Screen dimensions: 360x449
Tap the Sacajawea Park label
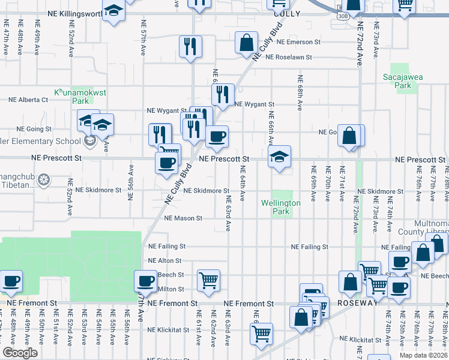click(x=398, y=81)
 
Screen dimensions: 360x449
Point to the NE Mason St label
click(x=183, y=218)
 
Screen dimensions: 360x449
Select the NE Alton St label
click(x=164, y=261)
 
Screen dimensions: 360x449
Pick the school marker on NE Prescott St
click(x=279, y=157)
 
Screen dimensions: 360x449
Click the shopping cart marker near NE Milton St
click(x=208, y=280)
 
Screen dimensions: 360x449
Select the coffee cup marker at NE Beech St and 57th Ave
click(x=145, y=280)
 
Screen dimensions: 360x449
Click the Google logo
click(x=20, y=353)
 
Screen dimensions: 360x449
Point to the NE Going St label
click(x=29, y=129)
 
